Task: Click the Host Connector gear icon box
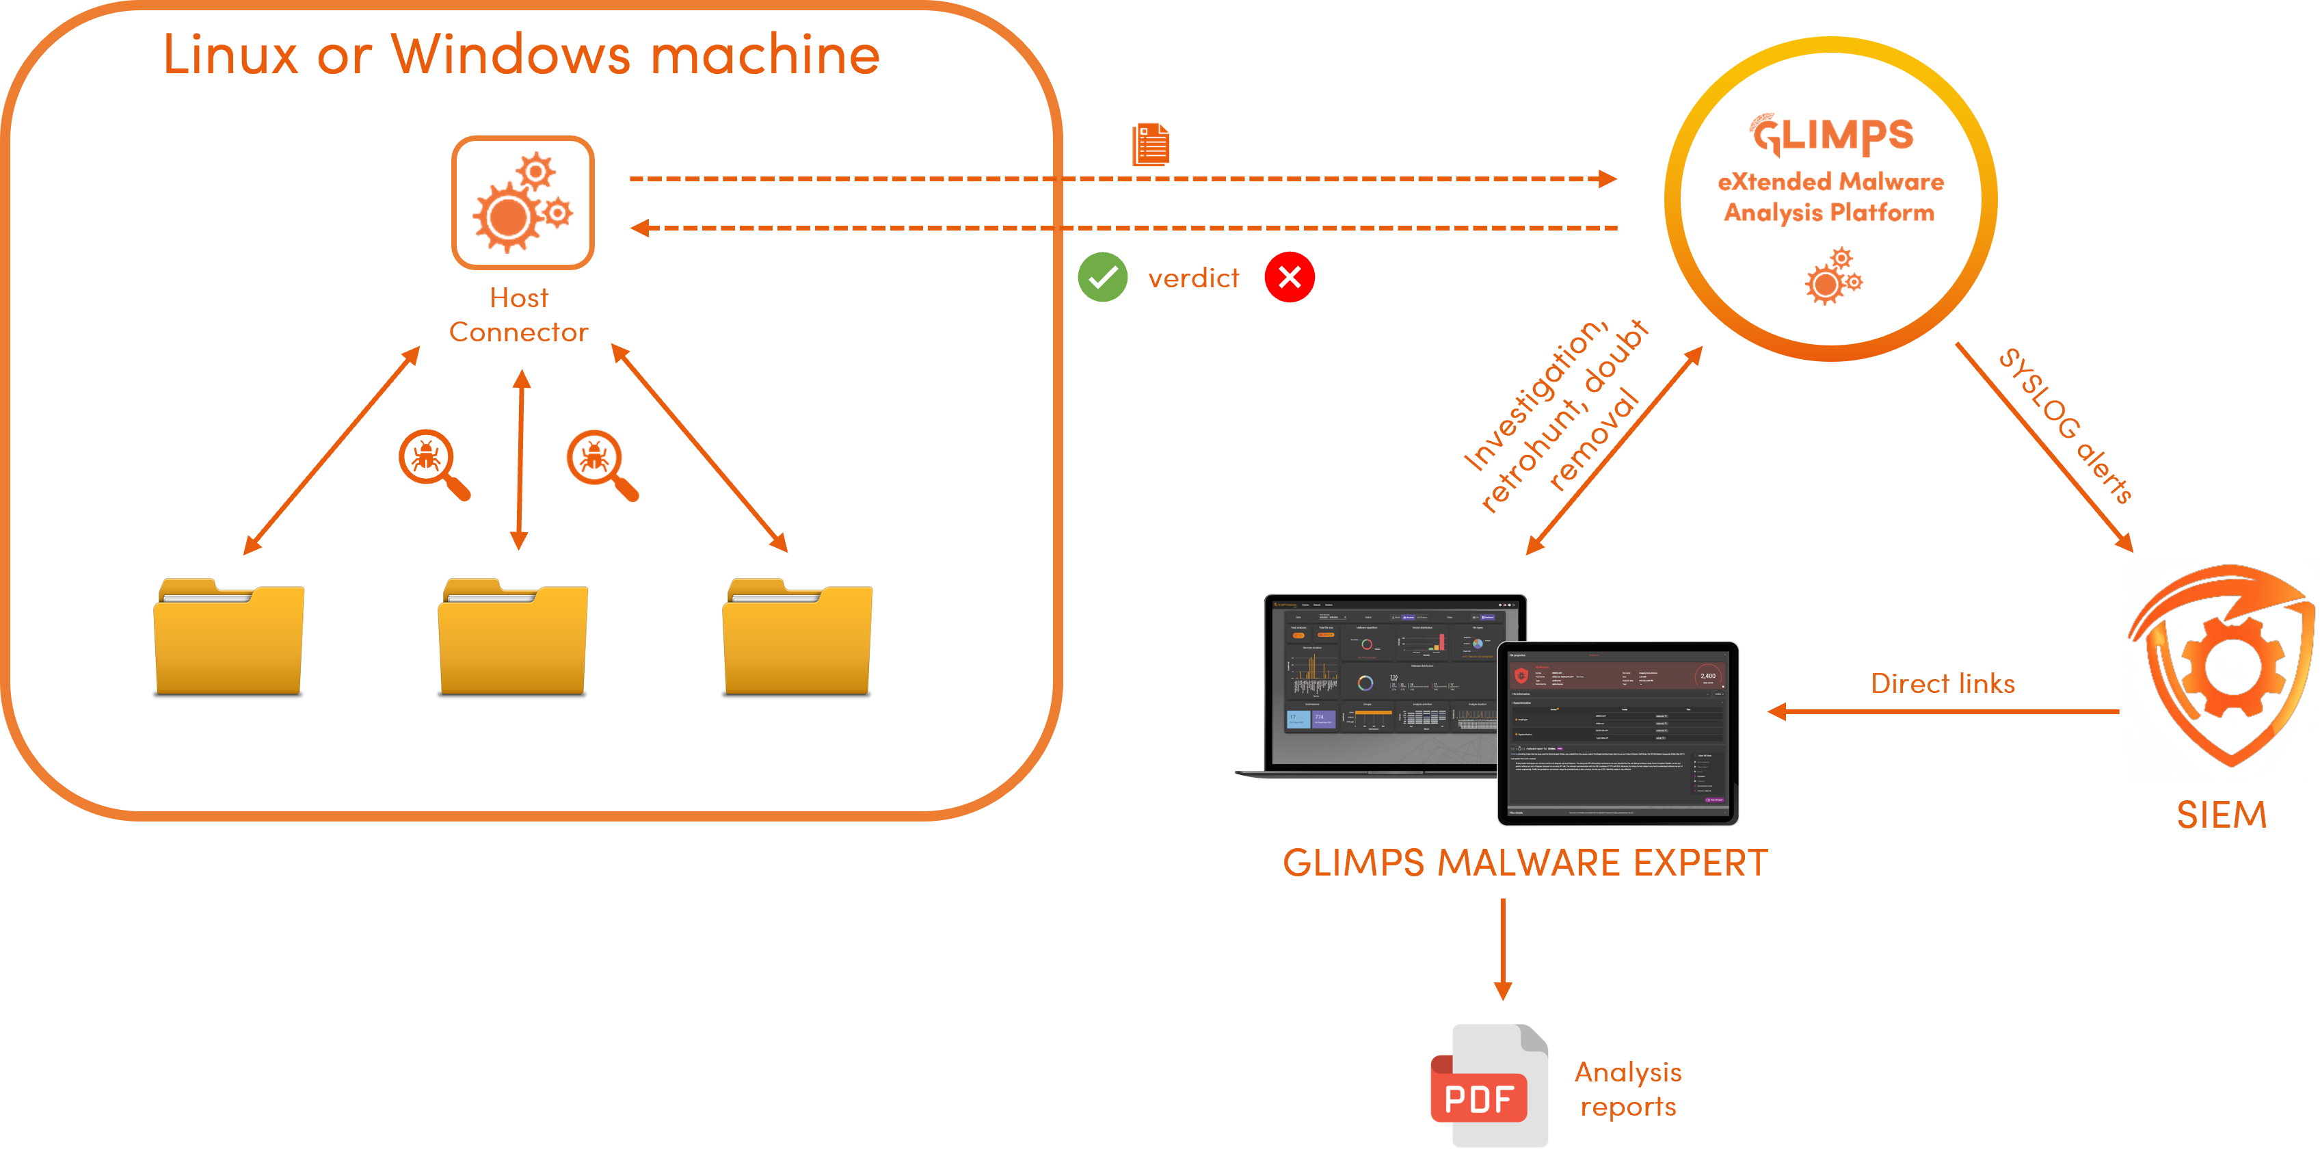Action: pyautogui.click(x=522, y=202)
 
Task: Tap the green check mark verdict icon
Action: pyautogui.click(x=1102, y=278)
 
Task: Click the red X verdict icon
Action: pyautogui.click(x=1289, y=278)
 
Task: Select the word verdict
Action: pyautogui.click(x=1193, y=278)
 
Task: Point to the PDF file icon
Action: pyautogui.click(x=1488, y=1086)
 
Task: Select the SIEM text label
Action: pyautogui.click(x=2221, y=815)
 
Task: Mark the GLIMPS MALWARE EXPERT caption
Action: pyautogui.click(x=1525, y=863)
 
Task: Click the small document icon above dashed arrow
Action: pyautogui.click(x=1150, y=144)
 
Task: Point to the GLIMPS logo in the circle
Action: pyautogui.click(x=1832, y=136)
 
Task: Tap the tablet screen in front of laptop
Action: pyautogui.click(x=1618, y=733)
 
